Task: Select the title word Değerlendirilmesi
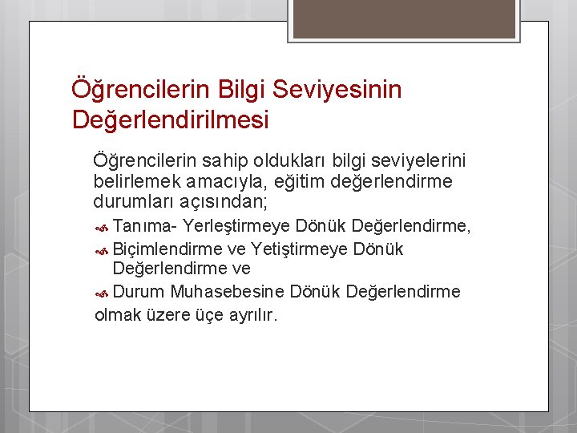(171, 120)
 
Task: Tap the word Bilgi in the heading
(236, 89)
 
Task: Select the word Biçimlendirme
(167, 249)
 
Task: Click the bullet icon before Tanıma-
(103, 227)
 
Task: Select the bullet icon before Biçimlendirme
(103, 249)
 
